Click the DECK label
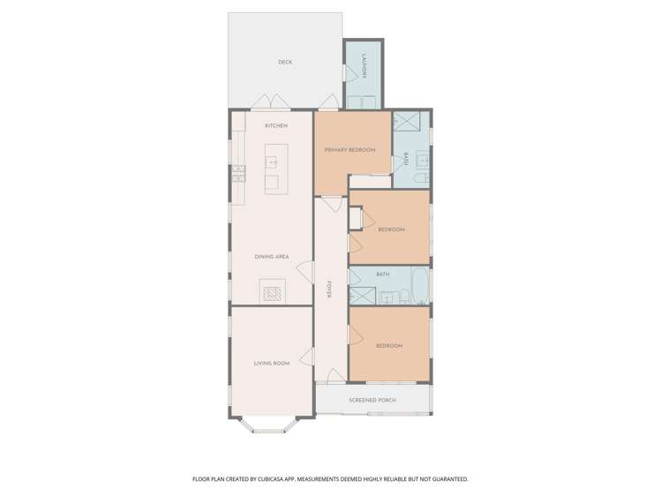click(284, 62)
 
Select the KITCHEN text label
click(276, 126)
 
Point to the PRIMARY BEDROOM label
click(349, 150)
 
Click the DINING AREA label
click(271, 257)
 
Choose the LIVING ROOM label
click(272, 363)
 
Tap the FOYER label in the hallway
click(330, 289)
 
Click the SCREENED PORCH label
click(372, 401)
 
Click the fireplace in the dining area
click(273, 291)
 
